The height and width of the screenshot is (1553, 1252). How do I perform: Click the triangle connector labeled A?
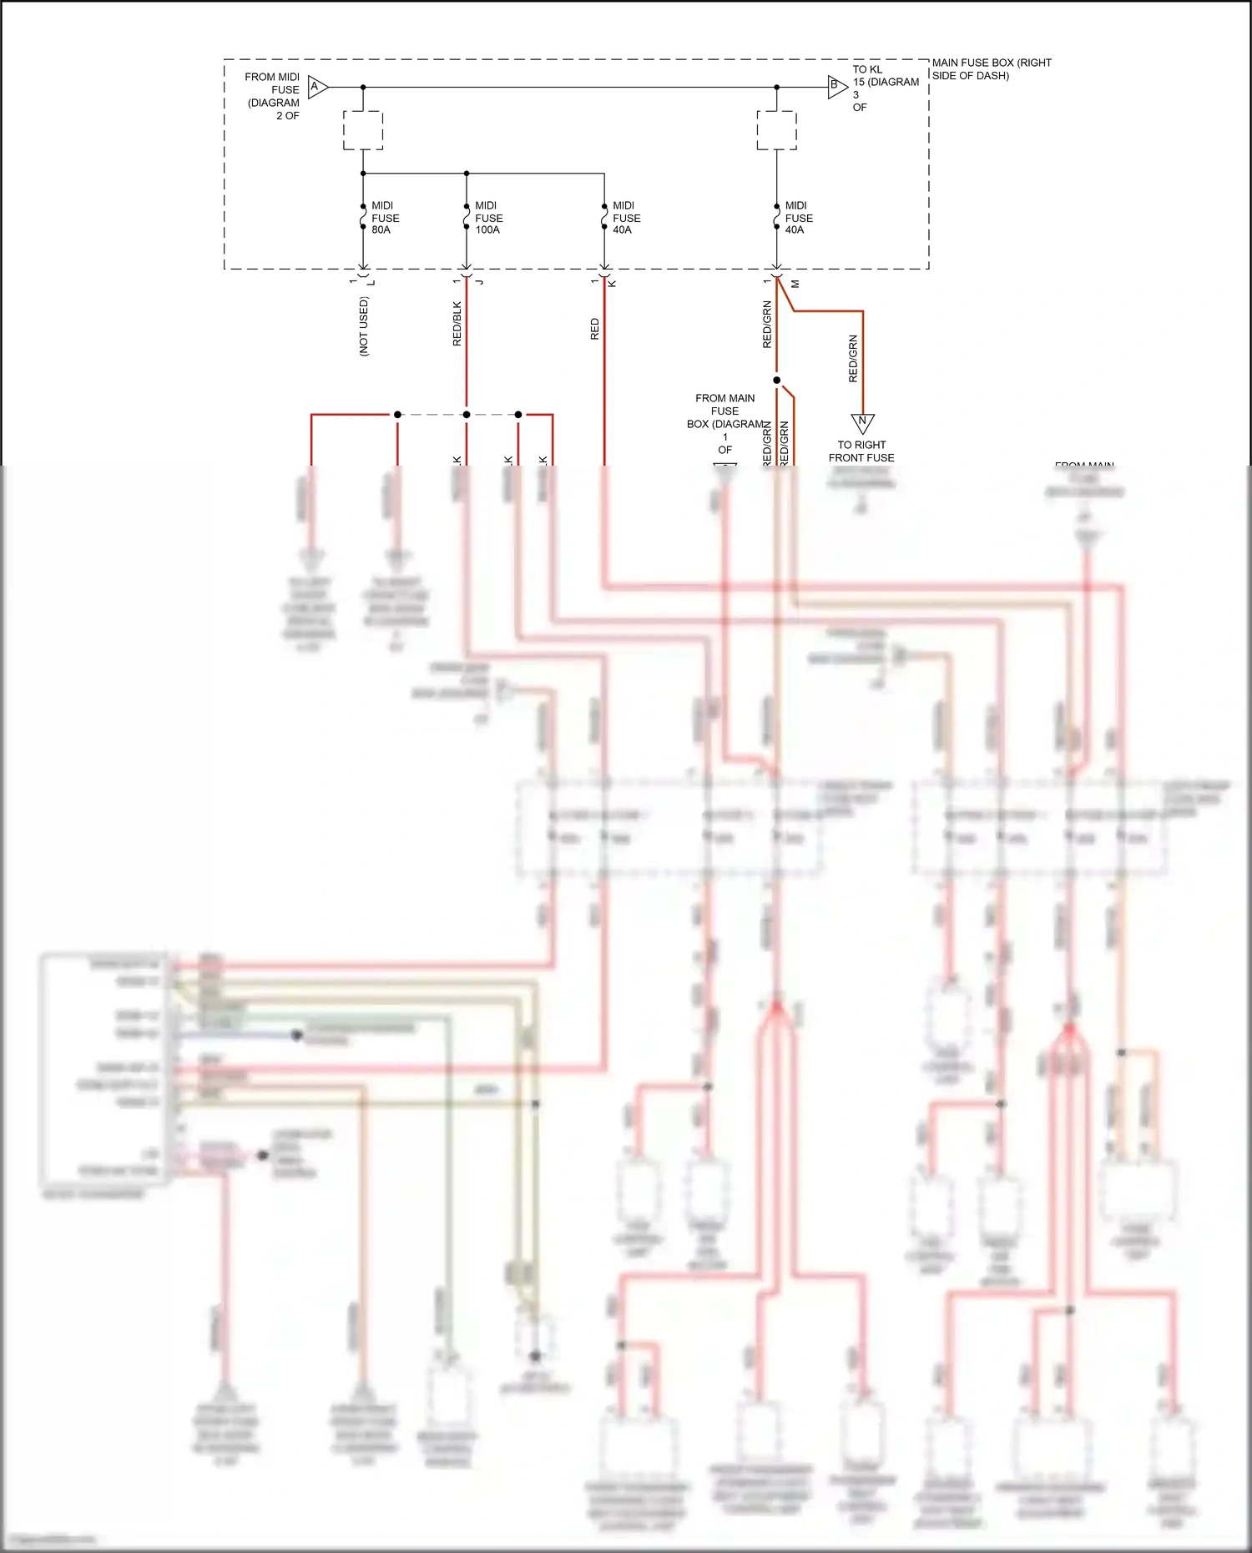317,87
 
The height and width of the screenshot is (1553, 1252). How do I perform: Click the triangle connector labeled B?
836,87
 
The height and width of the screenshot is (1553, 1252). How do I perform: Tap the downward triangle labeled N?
862,422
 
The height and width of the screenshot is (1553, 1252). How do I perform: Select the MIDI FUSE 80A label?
385,218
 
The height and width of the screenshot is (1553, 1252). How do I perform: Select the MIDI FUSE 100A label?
488,218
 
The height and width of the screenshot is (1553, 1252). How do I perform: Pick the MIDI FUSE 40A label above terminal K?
626,218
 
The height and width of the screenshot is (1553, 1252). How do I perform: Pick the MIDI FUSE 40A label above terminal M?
798,218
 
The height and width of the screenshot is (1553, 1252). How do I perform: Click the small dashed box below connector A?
363,130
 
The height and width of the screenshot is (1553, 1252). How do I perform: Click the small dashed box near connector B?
776,130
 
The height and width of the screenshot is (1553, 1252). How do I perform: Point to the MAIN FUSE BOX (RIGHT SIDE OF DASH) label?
991,69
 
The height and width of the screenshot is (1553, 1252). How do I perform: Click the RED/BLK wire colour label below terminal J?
457,324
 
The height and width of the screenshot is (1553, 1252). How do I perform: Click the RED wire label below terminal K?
594,329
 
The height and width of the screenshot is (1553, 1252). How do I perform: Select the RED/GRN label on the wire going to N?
852,359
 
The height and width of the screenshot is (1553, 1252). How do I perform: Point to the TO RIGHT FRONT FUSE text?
861,451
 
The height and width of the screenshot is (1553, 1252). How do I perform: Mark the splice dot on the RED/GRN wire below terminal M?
776,381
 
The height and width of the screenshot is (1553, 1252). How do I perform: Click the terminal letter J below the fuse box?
479,283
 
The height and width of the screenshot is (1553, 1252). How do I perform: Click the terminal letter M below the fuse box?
795,284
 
